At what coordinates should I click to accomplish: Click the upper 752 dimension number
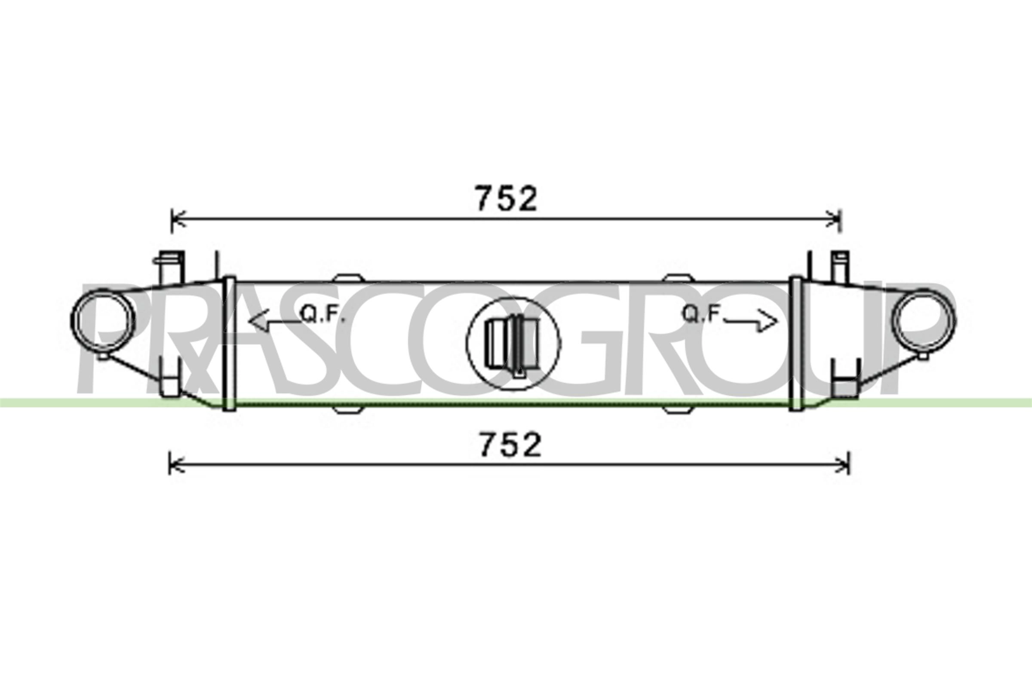click(507, 198)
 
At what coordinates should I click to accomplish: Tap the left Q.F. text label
click(322, 314)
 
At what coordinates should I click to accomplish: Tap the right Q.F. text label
click(702, 314)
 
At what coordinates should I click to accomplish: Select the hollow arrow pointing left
click(274, 320)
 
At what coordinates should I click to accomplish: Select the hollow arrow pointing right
click(751, 321)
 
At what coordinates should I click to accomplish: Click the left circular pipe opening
click(104, 320)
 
